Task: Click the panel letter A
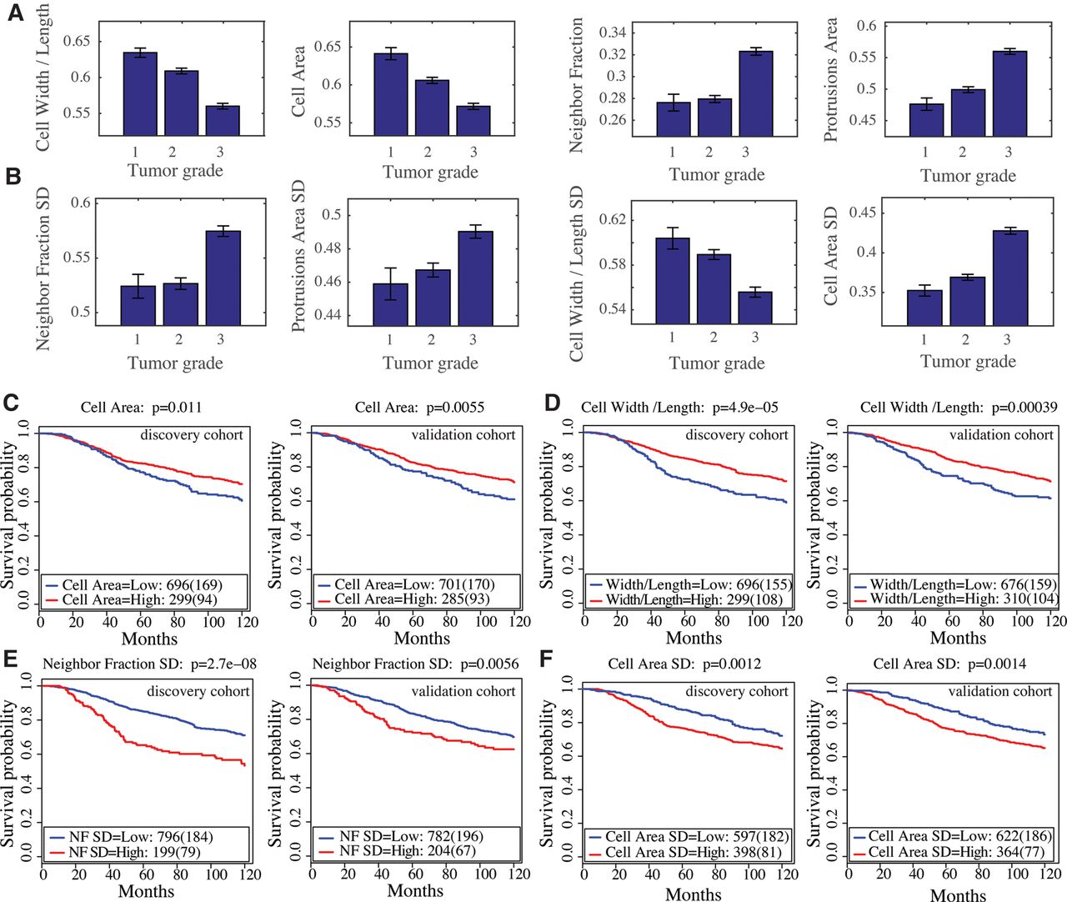pos(16,13)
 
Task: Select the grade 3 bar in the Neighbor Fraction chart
pos(756,93)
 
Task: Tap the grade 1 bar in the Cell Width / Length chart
pos(140,94)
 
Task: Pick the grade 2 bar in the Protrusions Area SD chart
pos(433,298)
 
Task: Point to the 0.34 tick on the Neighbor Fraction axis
pos(613,33)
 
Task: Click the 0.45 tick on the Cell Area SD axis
pos(864,213)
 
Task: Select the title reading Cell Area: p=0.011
pos(141,408)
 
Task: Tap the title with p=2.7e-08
pos(149,664)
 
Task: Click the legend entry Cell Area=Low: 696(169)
pos(142,585)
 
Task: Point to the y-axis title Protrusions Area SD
pos(299,257)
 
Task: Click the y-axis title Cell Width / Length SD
pos(576,274)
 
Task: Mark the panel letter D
pos(553,403)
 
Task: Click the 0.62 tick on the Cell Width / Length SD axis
pos(612,219)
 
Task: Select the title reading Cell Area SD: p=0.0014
pos(949,664)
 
